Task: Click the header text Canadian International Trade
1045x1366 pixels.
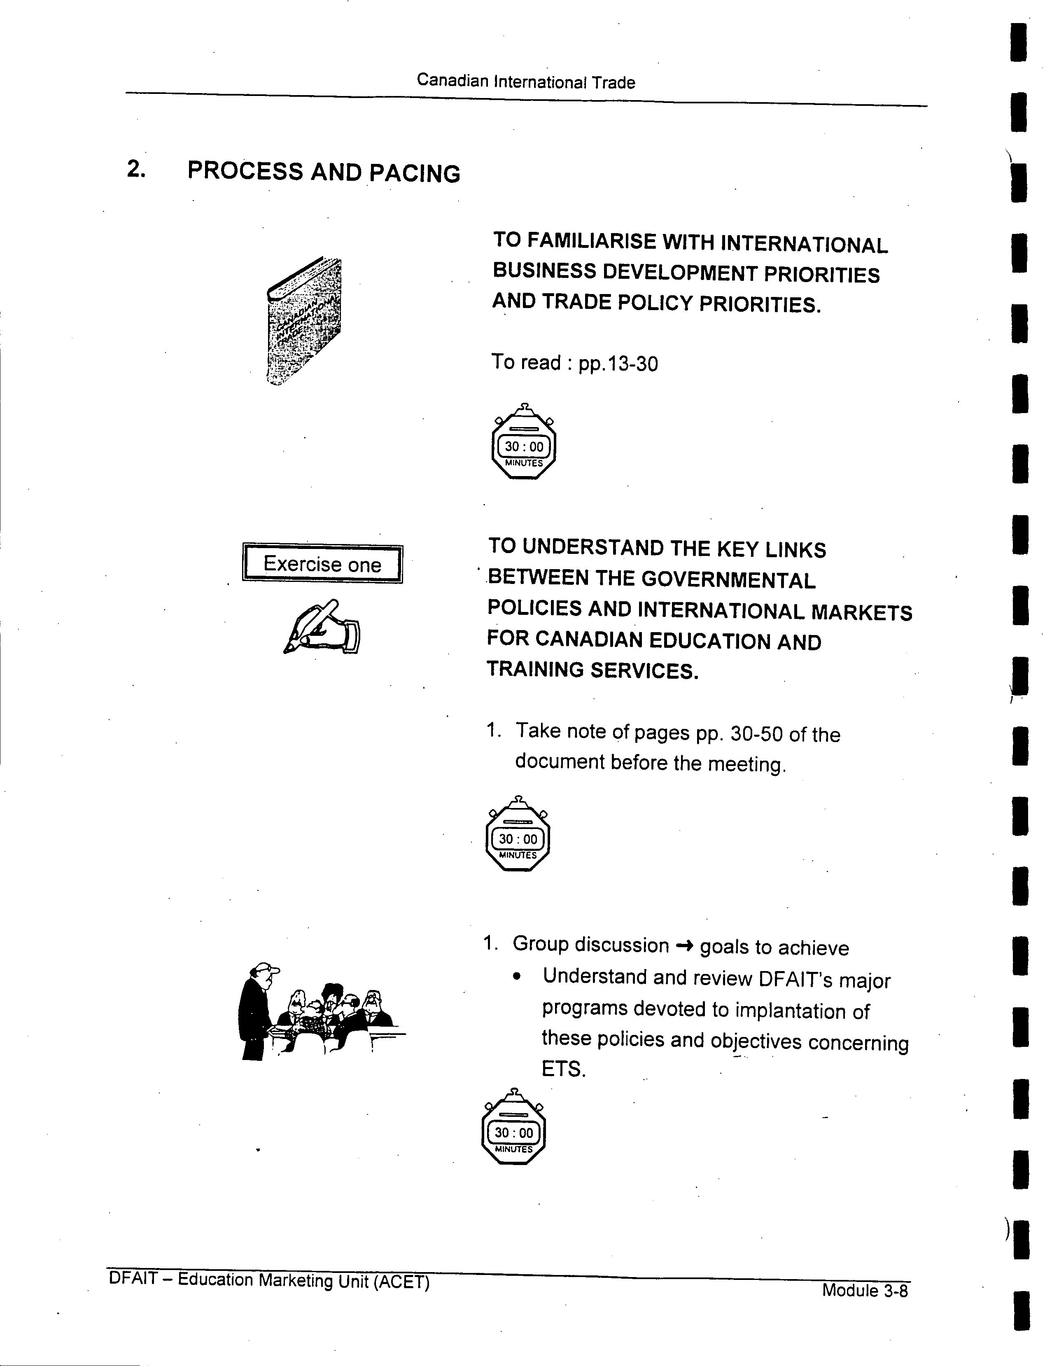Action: pyautogui.click(x=526, y=82)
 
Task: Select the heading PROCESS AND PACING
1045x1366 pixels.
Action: pyautogui.click(x=324, y=172)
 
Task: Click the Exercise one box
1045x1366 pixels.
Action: pyautogui.click(x=322, y=563)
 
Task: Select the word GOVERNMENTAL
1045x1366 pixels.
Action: pyautogui.click(x=728, y=580)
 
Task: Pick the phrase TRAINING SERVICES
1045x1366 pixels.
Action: pyautogui.click(x=593, y=670)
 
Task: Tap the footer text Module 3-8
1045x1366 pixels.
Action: pyautogui.click(x=865, y=1291)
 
